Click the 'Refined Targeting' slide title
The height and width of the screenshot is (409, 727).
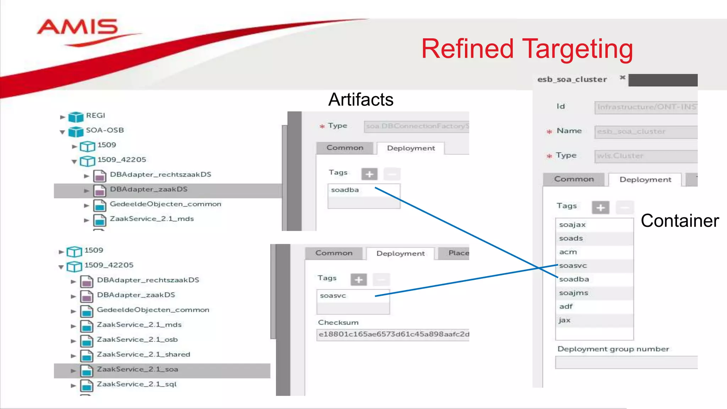(x=527, y=49)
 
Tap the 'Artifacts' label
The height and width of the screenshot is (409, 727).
(x=361, y=100)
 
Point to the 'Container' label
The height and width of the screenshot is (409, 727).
(x=679, y=221)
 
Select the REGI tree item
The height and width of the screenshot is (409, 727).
(x=95, y=116)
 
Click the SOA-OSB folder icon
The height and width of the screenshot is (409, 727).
(x=76, y=131)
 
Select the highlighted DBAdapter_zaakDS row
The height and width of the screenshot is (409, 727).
(x=148, y=190)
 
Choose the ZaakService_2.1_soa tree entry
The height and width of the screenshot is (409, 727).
(x=137, y=370)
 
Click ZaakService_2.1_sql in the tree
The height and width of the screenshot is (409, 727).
(x=136, y=385)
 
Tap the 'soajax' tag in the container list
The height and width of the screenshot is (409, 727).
(x=572, y=225)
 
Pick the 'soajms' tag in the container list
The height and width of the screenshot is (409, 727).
(x=573, y=293)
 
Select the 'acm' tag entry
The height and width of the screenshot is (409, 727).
(x=568, y=252)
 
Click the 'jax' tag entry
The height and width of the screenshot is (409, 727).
(x=564, y=320)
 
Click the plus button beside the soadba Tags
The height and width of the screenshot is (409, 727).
(x=369, y=174)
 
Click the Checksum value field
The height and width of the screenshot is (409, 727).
(x=393, y=334)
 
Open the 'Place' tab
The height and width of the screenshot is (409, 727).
(x=458, y=253)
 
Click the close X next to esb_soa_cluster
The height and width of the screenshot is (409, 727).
(x=622, y=77)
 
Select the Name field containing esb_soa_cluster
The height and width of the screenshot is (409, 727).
(x=645, y=132)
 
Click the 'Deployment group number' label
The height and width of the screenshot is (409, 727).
(x=613, y=349)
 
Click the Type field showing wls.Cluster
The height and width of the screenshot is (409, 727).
(x=645, y=156)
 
